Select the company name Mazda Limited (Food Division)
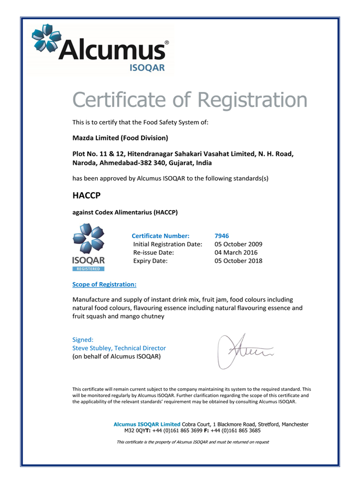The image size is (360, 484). pyautogui.click(x=120, y=138)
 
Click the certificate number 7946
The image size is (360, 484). pyautogui.click(x=222, y=236)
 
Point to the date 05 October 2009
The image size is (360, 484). pyautogui.click(x=238, y=244)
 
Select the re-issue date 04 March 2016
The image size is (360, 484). pyautogui.click(x=236, y=252)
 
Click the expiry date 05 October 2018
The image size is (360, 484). pyautogui.click(x=238, y=261)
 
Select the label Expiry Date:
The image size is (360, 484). pyautogui.click(x=150, y=261)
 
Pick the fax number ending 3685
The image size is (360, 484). pyautogui.click(x=238, y=430)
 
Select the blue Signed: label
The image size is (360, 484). pyautogui.click(x=83, y=340)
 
